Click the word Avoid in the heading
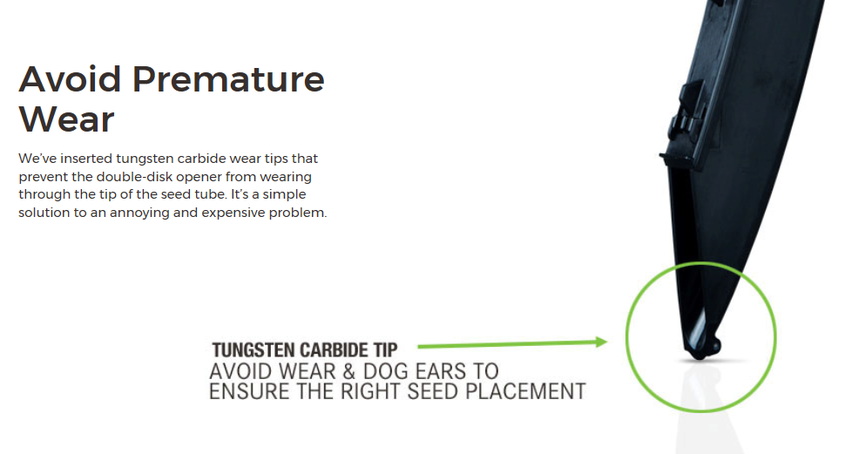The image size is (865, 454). tap(70, 79)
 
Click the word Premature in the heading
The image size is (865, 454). tap(228, 79)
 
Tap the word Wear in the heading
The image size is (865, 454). tap(67, 119)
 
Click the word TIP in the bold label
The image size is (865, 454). tap(386, 350)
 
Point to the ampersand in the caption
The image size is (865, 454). tap(348, 371)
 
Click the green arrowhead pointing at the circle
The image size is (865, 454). tap(601, 342)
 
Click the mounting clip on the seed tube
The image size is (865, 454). tap(686, 116)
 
